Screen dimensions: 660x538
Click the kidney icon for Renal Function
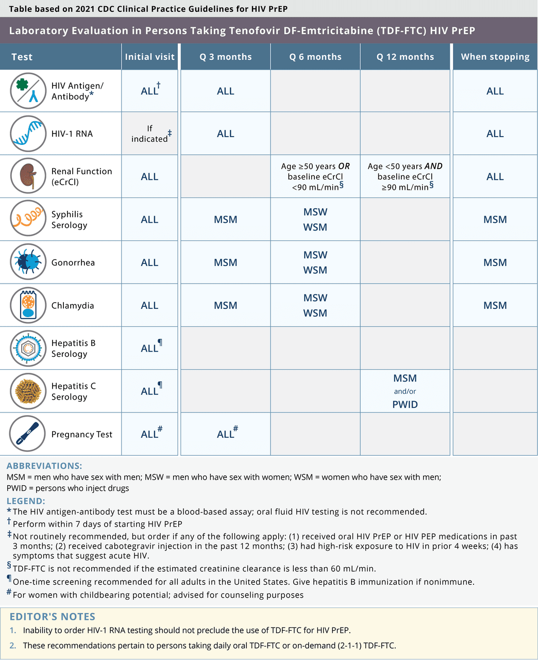(28, 176)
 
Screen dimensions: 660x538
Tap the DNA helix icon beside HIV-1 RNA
(28, 134)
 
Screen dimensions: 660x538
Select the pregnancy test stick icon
(28, 434)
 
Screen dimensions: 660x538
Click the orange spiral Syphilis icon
(28, 219)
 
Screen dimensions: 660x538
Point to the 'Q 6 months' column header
(315, 57)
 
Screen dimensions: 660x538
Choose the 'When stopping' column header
(495, 57)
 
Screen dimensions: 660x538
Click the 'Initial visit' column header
(149, 57)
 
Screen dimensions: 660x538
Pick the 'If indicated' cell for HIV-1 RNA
(149, 134)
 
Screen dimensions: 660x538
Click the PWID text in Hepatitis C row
(405, 404)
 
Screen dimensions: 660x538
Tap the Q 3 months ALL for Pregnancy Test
(226, 434)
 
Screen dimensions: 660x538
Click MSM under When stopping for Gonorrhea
(495, 262)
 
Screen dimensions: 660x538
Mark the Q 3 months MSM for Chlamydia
(226, 305)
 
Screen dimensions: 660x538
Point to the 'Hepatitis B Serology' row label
(73, 349)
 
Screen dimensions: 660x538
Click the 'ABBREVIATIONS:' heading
(44, 466)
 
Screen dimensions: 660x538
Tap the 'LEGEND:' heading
(26, 501)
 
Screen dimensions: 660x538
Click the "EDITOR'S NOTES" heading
(53, 617)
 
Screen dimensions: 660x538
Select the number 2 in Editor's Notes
(13, 646)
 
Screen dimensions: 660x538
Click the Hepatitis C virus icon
(28, 391)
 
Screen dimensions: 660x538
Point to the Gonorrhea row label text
(73, 262)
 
